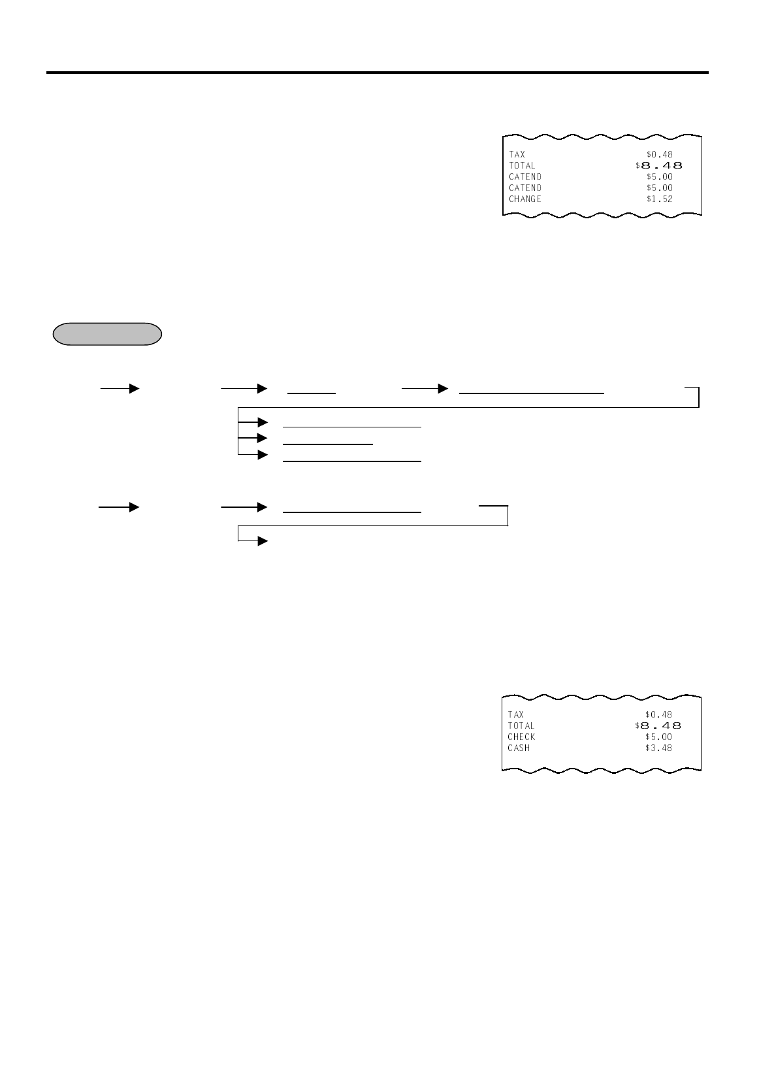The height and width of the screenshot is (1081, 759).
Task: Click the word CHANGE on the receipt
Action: (x=525, y=199)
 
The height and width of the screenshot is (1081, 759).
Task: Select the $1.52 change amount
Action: (x=659, y=199)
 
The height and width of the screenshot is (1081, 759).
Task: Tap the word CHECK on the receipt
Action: (x=521, y=737)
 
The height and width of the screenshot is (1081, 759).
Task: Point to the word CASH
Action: (x=519, y=748)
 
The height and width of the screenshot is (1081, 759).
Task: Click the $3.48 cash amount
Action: (x=658, y=748)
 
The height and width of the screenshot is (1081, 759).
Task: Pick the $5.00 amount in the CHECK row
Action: (x=658, y=737)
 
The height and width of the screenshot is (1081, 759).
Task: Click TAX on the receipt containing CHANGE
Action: (x=517, y=154)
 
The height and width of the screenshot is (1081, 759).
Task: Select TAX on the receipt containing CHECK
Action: (x=515, y=714)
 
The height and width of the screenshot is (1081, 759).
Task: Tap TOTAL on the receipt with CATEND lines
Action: (x=522, y=165)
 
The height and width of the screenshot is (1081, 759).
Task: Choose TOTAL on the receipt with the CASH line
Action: (x=521, y=725)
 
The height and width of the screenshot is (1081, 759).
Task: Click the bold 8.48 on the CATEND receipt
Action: (x=661, y=165)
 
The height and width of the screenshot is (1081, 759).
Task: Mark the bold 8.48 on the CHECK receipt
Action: (x=660, y=725)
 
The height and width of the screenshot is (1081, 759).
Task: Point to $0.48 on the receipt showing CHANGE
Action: (x=659, y=154)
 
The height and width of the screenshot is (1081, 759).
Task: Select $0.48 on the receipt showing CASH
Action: (x=658, y=714)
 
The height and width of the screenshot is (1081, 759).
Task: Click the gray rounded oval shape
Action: (x=106, y=333)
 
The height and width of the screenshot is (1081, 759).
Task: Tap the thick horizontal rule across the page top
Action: (x=378, y=73)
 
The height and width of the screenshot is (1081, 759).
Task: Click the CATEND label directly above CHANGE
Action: (x=525, y=188)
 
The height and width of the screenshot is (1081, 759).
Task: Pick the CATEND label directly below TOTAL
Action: (x=525, y=176)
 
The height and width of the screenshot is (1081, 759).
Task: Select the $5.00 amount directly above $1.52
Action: (x=659, y=188)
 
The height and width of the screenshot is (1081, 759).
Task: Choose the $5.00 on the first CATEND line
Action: (x=659, y=176)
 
